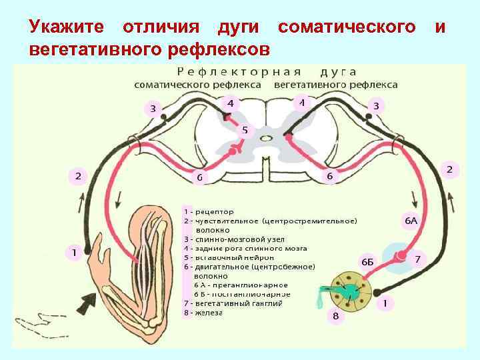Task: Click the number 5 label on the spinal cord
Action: (245, 130)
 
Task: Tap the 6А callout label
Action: (411, 220)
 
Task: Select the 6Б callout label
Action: (367, 262)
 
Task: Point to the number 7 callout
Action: (417, 259)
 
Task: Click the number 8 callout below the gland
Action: (335, 316)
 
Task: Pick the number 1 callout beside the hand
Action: (74, 253)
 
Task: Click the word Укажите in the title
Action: (66, 27)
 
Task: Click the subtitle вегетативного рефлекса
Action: (335, 85)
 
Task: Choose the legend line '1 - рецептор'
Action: (209, 211)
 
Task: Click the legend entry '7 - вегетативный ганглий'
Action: (233, 303)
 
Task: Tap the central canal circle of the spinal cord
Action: (266, 139)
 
